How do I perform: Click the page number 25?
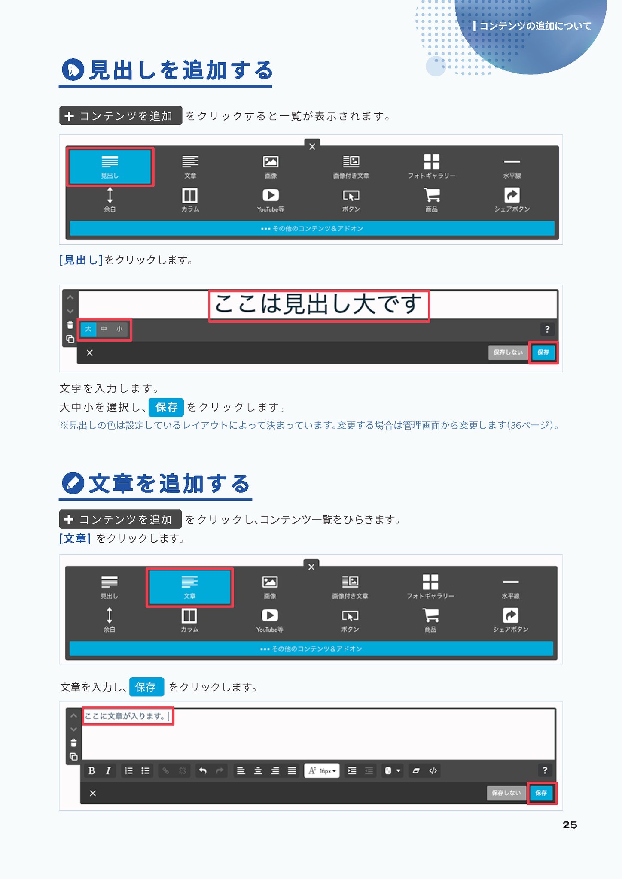coord(570,825)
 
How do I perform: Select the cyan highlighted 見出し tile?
coord(110,167)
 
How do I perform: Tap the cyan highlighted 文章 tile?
coord(189,587)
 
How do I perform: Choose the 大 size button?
coord(88,329)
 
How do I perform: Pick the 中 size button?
coord(104,329)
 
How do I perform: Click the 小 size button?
coord(119,329)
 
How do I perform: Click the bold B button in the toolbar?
coord(91,771)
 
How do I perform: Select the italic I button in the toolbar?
coord(108,771)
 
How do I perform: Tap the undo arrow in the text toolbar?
coord(203,771)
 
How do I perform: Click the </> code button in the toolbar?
coord(433,771)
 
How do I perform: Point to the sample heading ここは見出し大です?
coord(318,305)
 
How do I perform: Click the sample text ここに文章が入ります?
coord(125,716)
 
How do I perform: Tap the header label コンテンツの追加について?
coord(535,26)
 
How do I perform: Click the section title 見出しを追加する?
coord(181,70)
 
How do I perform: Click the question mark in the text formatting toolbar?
coord(545,770)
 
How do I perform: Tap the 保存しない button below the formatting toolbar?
coord(506,793)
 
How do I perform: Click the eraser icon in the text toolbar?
coord(416,771)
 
